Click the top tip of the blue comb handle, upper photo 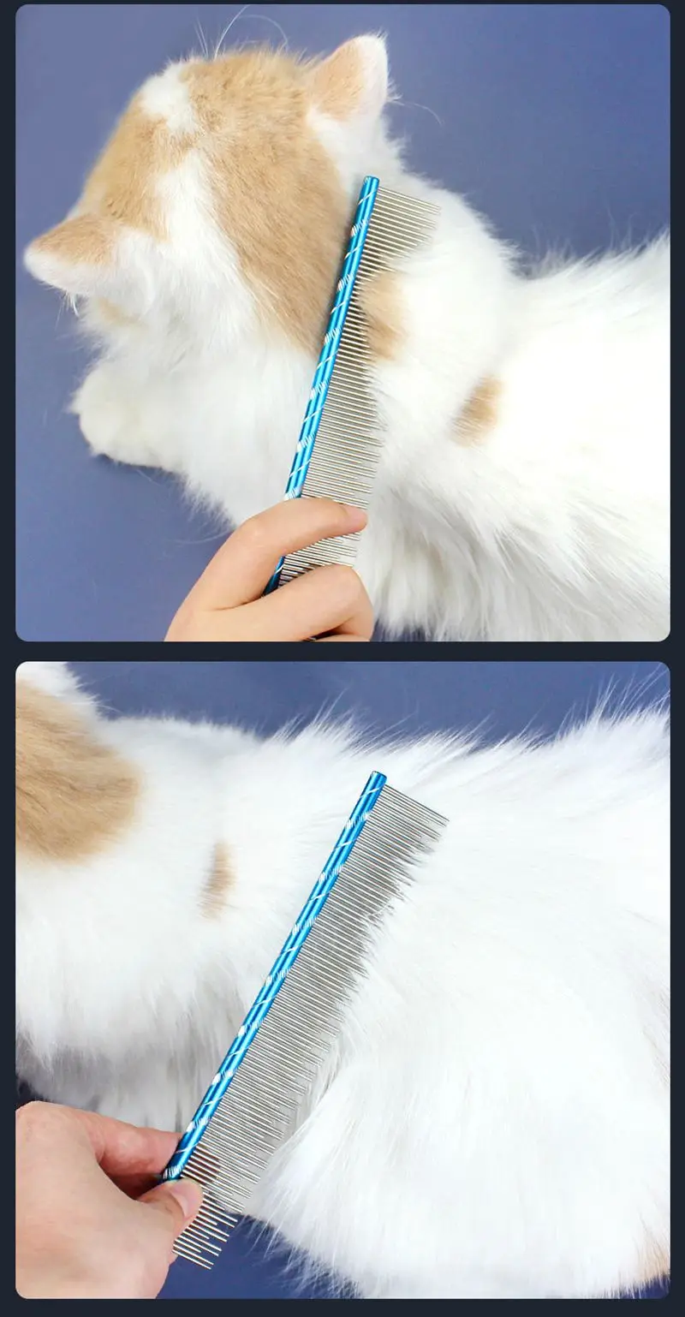(x=370, y=182)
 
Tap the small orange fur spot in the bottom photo (x=217, y=878)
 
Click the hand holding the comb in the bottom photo (x=86, y=1199)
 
